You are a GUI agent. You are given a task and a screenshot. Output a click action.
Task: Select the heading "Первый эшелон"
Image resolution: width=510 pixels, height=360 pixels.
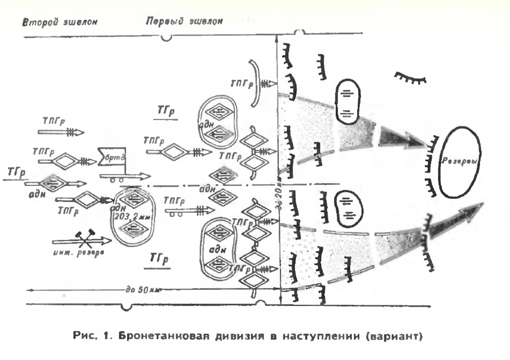184,22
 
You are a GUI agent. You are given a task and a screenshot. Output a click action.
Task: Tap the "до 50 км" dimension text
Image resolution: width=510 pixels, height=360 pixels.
146,291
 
